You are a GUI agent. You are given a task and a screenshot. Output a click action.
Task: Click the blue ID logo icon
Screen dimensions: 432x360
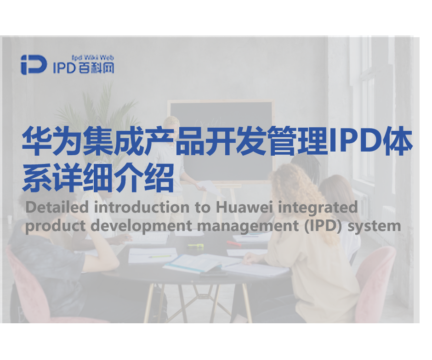point(34,65)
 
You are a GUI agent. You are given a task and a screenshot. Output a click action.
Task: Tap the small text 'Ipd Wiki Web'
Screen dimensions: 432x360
point(92,57)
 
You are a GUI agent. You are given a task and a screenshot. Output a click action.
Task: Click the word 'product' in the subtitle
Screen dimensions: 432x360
point(55,225)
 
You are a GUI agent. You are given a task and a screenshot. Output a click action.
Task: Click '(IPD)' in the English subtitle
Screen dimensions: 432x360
point(324,226)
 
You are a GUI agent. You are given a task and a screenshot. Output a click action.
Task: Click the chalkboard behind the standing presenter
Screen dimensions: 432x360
point(221,141)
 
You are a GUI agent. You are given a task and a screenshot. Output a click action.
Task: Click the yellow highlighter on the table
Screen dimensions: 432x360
point(196,246)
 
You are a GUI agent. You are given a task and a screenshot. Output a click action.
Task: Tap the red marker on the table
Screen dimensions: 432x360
point(234,243)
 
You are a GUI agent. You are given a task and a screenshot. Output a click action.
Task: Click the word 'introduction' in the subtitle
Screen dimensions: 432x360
point(142,207)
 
